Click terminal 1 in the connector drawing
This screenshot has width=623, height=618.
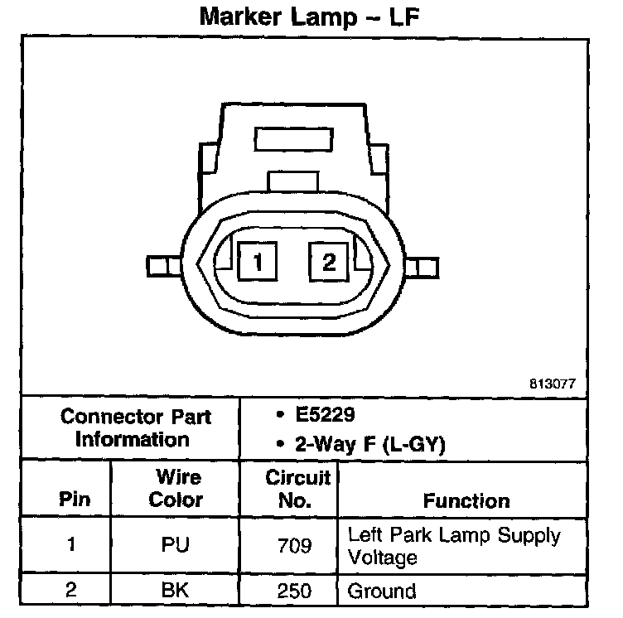pyautogui.click(x=258, y=263)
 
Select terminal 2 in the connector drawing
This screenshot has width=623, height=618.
pyautogui.click(x=329, y=263)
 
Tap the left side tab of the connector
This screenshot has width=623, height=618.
pyautogui.click(x=161, y=266)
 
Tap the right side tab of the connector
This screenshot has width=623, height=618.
pyautogui.click(x=423, y=266)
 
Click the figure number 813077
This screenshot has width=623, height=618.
pyautogui.click(x=553, y=384)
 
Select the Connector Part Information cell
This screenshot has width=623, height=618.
pyautogui.click(x=135, y=427)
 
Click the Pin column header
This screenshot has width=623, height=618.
pyautogui.click(x=75, y=500)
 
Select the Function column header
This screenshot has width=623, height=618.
pyautogui.click(x=466, y=500)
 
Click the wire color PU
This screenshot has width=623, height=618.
pyautogui.click(x=176, y=545)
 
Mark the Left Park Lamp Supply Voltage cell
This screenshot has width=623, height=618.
pyautogui.click(x=454, y=546)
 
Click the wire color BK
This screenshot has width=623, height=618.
pyautogui.click(x=176, y=591)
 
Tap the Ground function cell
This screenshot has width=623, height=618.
pyautogui.click(x=382, y=591)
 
